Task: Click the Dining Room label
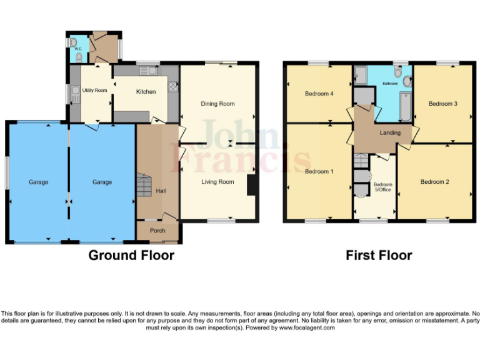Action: (x=217, y=104)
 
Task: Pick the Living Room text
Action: (x=217, y=182)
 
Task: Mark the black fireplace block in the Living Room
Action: (x=251, y=186)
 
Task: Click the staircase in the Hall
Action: (x=144, y=186)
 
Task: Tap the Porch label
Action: (x=157, y=231)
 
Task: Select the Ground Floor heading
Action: (x=131, y=255)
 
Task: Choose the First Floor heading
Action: (x=379, y=255)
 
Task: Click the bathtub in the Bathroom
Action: (x=404, y=107)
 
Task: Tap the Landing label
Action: (x=390, y=132)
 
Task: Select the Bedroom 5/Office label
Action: (x=382, y=187)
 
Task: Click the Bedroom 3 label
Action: (x=443, y=104)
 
